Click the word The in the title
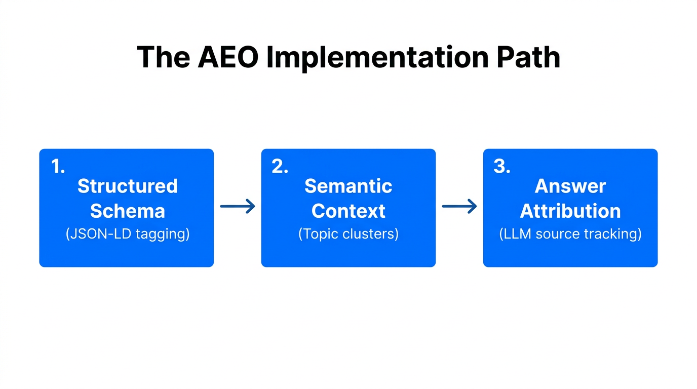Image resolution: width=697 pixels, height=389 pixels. [x=163, y=57]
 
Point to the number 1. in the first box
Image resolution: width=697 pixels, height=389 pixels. [x=58, y=167]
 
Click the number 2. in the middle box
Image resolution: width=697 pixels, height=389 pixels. [x=280, y=167]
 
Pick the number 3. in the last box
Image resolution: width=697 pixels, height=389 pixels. [x=501, y=167]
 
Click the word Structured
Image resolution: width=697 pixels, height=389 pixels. [x=127, y=186]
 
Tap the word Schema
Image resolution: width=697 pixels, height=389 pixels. [x=127, y=211]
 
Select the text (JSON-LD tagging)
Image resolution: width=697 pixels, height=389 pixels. [x=127, y=234]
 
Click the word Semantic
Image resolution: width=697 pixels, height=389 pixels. [x=348, y=186]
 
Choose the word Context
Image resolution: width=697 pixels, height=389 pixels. [x=348, y=211]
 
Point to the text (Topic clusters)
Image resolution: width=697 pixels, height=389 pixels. [x=348, y=234]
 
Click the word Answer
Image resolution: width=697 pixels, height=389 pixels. [x=570, y=186]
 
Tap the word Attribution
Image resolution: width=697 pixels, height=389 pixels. [x=570, y=211]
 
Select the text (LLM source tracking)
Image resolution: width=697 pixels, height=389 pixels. [x=570, y=234]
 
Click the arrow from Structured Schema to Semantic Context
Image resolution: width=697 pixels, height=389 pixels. [x=237, y=206]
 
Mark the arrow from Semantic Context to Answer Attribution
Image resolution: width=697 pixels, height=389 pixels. [x=459, y=206]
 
